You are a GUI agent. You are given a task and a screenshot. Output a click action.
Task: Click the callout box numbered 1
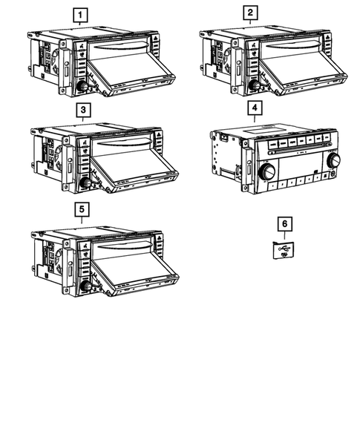click(80, 15)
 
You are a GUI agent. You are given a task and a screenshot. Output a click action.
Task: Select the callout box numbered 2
click(250, 13)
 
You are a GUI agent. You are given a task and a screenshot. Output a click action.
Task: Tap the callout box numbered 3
click(83, 110)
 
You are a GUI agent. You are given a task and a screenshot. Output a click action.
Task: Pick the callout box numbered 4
click(255, 108)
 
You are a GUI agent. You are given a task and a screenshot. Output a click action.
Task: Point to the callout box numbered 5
click(82, 209)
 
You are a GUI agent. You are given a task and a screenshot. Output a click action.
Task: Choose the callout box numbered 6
click(285, 224)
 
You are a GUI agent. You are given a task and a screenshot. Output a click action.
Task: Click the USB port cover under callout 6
click(284, 250)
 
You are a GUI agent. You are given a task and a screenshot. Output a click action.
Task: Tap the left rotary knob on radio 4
click(267, 171)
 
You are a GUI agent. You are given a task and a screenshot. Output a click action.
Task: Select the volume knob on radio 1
click(82, 86)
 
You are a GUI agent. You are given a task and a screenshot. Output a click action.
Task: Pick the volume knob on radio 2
click(255, 85)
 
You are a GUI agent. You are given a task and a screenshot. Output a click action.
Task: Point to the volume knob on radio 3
click(85, 183)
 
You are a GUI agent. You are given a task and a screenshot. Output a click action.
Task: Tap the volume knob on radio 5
click(85, 286)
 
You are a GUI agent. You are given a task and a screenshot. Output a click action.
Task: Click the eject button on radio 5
click(159, 238)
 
